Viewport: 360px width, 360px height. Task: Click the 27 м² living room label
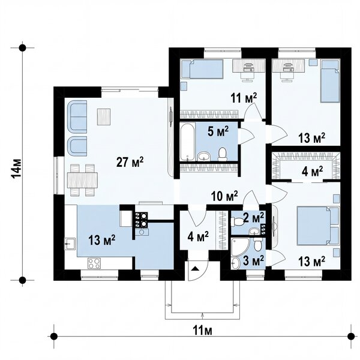click(130, 162)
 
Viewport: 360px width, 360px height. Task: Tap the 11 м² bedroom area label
click(244, 98)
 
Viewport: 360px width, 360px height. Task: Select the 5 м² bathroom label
click(218, 131)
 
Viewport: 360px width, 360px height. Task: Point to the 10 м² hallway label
click(224, 196)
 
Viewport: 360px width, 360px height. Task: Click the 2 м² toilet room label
click(253, 217)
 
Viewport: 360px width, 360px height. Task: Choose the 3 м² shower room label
click(253, 260)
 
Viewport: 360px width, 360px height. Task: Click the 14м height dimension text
click(17, 168)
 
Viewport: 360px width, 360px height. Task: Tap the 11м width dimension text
click(202, 331)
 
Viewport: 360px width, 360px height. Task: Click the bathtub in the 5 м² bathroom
click(188, 142)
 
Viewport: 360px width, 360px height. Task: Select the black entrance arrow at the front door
click(194, 268)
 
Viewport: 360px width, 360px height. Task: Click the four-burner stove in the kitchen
click(94, 263)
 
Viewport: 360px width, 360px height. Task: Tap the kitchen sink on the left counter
click(70, 244)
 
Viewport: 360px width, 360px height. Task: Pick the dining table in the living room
click(82, 180)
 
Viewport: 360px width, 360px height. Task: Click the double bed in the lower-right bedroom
click(318, 225)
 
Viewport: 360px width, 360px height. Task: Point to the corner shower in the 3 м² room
click(240, 247)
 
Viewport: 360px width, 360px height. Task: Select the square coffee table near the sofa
click(104, 117)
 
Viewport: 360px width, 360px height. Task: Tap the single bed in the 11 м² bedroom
click(203, 68)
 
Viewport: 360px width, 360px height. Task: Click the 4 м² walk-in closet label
click(312, 171)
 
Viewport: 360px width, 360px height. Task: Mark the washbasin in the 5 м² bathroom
click(204, 157)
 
